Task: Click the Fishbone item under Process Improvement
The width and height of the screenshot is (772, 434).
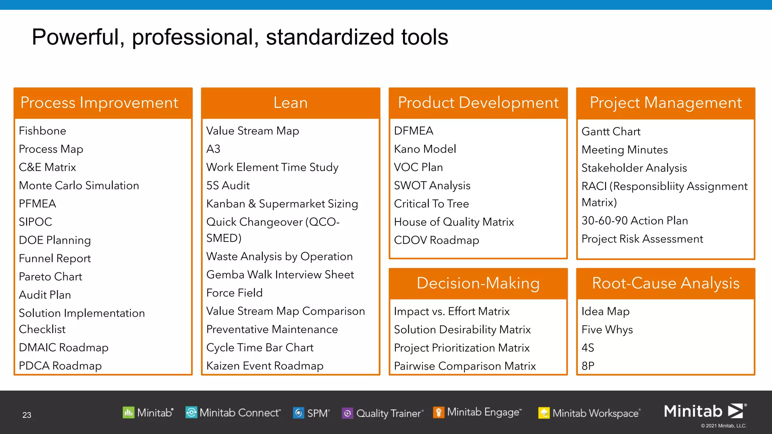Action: pos(42,131)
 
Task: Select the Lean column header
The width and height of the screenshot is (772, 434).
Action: pos(290,103)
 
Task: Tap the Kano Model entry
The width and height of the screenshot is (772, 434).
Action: pos(425,149)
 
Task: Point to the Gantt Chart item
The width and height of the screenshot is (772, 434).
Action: pos(611,131)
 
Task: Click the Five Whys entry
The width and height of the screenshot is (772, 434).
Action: pos(607,330)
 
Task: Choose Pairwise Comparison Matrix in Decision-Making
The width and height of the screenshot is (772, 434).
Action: pos(464,366)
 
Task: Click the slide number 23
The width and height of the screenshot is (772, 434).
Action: pos(27,415)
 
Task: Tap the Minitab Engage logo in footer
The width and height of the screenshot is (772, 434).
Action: pos(477,413)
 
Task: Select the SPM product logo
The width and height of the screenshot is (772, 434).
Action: pos(311,413)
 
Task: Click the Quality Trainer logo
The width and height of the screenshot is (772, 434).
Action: pos(383,413)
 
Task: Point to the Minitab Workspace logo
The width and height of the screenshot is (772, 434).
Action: pos(589,413)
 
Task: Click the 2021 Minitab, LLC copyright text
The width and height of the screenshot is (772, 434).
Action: pos(723,426)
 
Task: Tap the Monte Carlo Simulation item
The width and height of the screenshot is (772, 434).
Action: pos(79,185)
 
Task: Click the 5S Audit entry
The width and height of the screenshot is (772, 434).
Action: pos(228,185)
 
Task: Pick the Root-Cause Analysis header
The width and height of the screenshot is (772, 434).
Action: pos(665,283)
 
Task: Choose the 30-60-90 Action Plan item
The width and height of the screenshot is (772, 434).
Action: pos(634,221)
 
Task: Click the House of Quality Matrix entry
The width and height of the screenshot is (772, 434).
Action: pos(453,222)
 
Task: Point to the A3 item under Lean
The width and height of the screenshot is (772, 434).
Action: pos(213,149)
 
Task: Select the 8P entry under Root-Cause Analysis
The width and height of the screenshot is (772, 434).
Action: pos(588,366)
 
